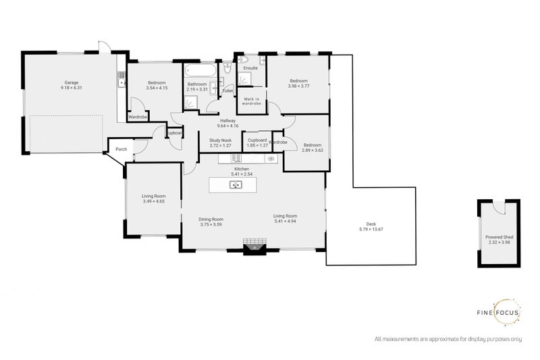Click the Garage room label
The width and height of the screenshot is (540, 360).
point(71,82)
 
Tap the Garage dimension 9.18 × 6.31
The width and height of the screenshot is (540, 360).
point(71,88)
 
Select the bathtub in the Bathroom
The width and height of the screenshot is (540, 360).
point(200,70)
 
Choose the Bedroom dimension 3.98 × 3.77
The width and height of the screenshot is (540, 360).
point(298,86)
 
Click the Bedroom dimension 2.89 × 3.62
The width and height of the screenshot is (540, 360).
point(312,150)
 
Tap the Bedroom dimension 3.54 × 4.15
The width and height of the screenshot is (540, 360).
point(157,88)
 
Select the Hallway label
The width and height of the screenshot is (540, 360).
point(226,120)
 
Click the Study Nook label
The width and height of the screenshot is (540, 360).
point(220,140)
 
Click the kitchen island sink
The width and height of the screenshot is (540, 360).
point(236,184)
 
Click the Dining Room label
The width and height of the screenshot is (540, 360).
point(211,219)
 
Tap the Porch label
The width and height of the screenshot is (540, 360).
point(122,149)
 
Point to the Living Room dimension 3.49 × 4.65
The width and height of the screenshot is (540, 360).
point(153,201)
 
